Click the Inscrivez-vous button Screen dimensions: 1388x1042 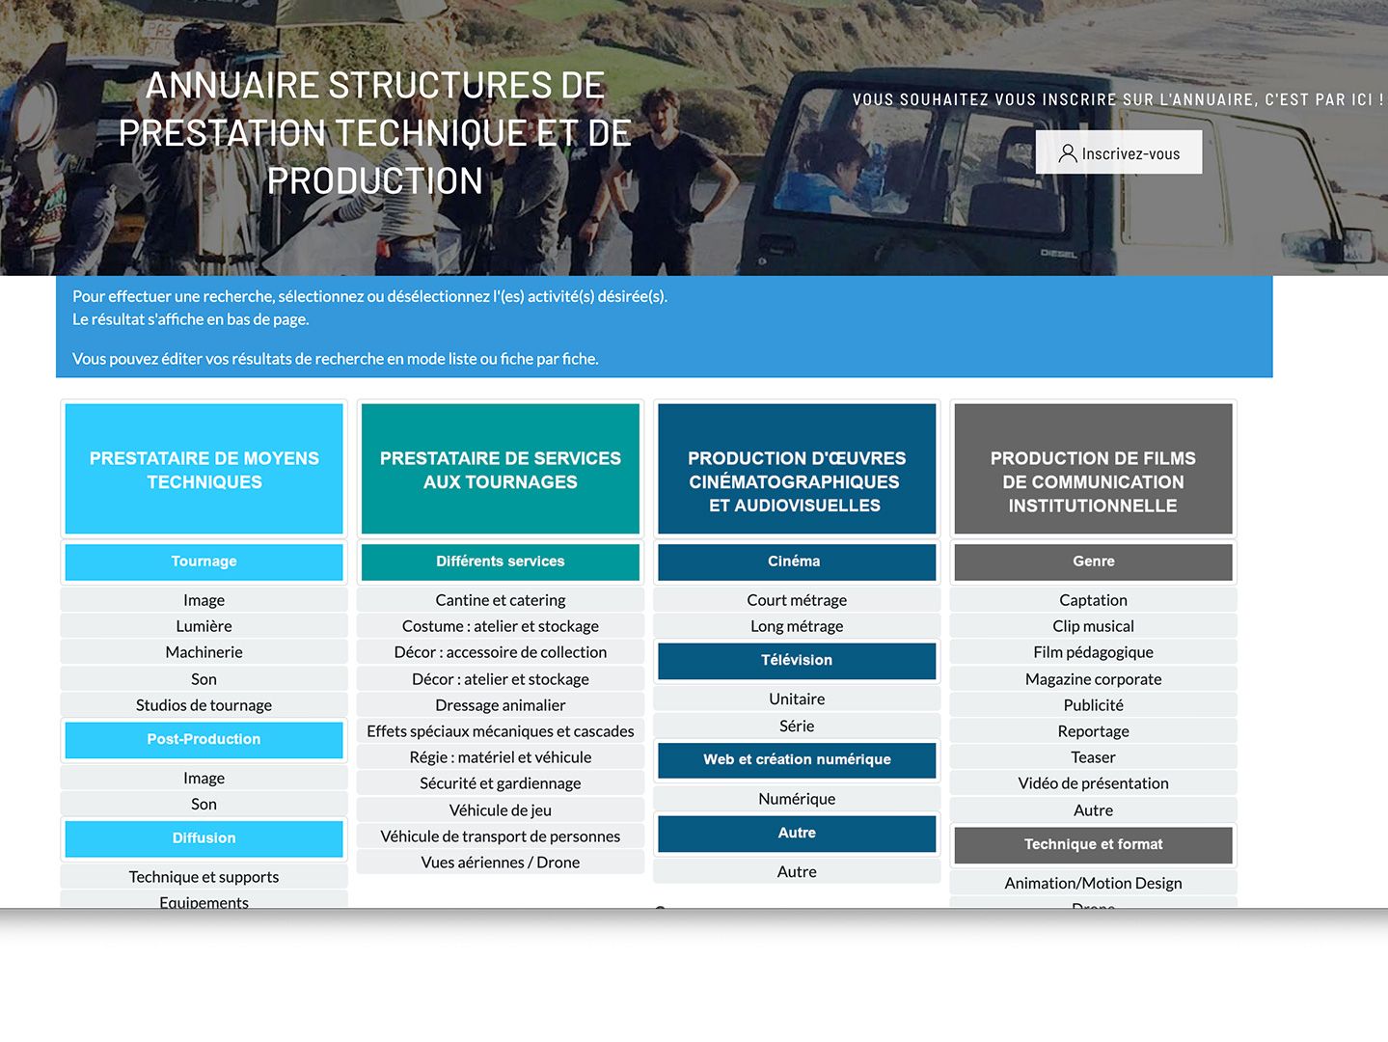coord(1118,152)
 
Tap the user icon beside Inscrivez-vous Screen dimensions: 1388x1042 coord(1068,153)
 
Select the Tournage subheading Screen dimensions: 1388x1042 coord(204,562)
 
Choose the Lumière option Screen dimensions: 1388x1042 coord(204,626)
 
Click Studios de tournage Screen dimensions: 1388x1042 coord(204,705)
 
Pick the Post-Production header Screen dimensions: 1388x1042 coord(204,739)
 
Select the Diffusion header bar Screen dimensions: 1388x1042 coord(204,838)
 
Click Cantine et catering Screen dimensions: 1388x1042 coord(501,600)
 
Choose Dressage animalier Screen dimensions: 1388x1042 coord(501,705)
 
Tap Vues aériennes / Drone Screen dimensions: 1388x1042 coord(501,863)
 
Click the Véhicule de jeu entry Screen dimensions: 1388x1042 coord(501,809)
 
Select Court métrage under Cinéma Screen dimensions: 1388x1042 coord(797,600)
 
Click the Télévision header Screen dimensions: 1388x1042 coord(797,661)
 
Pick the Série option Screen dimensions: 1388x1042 coord(797,726)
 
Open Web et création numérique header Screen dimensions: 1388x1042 coord(797,760)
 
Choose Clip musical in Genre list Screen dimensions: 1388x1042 coord(1093,626)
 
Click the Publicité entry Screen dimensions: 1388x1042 coord(1093,705)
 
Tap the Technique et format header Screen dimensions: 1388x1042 coord(1093,845)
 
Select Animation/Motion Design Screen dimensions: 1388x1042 coord(1093,884)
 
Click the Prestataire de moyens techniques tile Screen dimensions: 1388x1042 coord(204,469)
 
